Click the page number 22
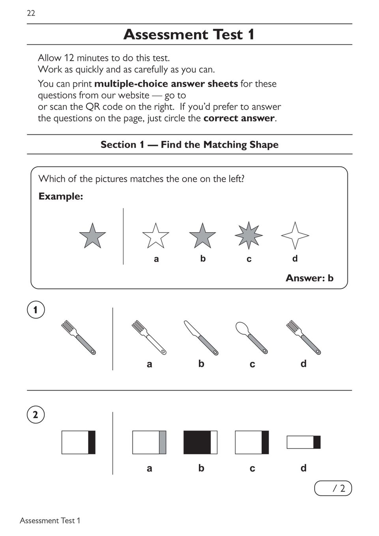(x=31, y=13)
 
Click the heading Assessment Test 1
(x=189, y=35)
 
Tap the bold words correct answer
(x=239, y=118)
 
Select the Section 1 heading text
(x=189, y=145)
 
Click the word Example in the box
(x=60, y=196)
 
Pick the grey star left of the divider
(x=92, y=236)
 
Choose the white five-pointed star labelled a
(x=156, y=236)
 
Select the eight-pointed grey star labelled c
(x=248, y=235)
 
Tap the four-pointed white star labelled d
(x=295, y=235)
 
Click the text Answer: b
(x=310, y=278)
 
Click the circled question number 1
(x=36, y=310)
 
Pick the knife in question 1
(x=201, y=338)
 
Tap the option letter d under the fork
(x=303, y=364)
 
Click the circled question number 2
(x=36, y=415)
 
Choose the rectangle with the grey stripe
(x=149, y=442)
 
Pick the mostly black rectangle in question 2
(x=200, y=442)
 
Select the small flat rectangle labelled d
(x=303, y=442)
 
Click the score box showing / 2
(x=333, y=488)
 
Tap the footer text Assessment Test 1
(x=50, y=521)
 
